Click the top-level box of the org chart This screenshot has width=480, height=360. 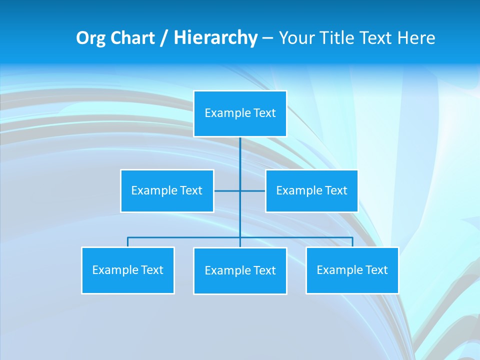pos(240,113)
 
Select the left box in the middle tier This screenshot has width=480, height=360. pos(167,190)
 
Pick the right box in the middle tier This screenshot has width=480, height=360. pos(311,190)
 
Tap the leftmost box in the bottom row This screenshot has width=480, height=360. pos(128,270)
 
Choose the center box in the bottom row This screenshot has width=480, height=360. pos(240,270)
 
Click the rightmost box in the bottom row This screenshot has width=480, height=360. pos(352,270)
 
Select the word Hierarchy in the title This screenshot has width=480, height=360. pos(215,38)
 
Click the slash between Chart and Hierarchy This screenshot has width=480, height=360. pos(164,38)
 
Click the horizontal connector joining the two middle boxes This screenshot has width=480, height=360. pos(227,190)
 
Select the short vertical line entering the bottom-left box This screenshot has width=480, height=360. pos(128,242)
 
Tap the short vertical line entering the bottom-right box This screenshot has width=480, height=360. pos(352,242)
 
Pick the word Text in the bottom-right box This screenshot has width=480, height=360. pos(376,270)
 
